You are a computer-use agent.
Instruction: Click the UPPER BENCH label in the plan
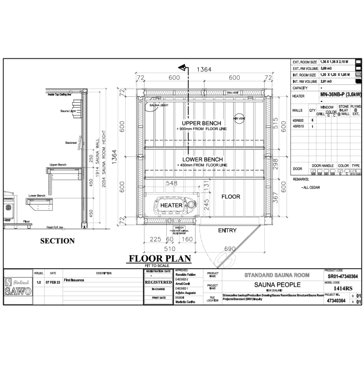point(201,123)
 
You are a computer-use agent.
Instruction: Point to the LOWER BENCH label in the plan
point(201,159)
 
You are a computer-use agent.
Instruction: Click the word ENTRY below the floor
point(227,230)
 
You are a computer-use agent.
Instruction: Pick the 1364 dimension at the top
point(204,69)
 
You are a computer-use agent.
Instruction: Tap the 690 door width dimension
point(230,248)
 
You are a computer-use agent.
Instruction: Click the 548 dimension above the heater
point(171,183)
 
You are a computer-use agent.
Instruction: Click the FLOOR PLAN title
point(159,259)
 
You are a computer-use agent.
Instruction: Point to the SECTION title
point(57,240)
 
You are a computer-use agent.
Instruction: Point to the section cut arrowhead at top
point(183,68)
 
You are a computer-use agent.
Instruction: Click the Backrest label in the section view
point(71,143)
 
